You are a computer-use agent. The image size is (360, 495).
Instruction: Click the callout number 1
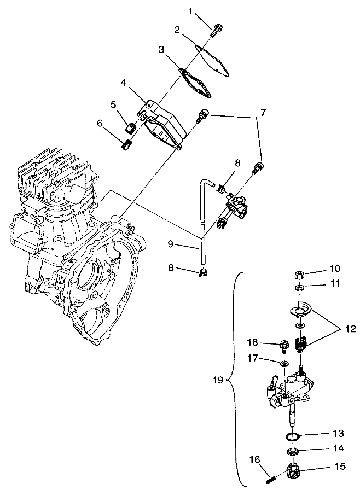pyautogui.click(x=190, y=11)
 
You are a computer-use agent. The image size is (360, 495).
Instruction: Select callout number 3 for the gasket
pyautogui.click(x=161, y=50)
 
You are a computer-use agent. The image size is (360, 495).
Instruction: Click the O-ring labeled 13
pyautogui.click(x=293, y=436)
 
